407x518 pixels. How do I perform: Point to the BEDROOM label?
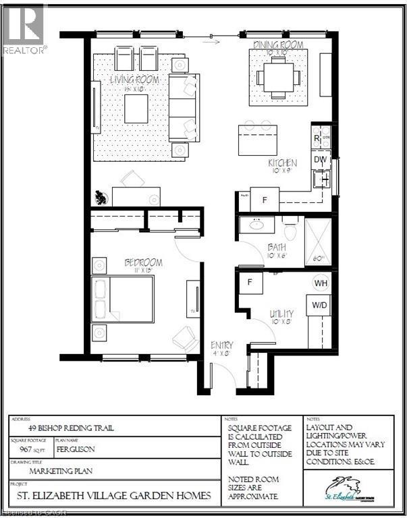(143, 262)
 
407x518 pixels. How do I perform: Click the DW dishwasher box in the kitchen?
(320, 159)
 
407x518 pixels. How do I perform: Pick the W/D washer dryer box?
(320, 305)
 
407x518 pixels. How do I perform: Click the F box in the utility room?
(250, 281)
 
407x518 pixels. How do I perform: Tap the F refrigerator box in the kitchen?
(265, 200)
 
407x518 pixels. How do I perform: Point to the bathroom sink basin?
(256, 226)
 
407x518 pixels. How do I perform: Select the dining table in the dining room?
(278, 76)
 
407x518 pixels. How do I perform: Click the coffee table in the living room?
(136, 109)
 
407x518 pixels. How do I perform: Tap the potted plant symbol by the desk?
(101, 198)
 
